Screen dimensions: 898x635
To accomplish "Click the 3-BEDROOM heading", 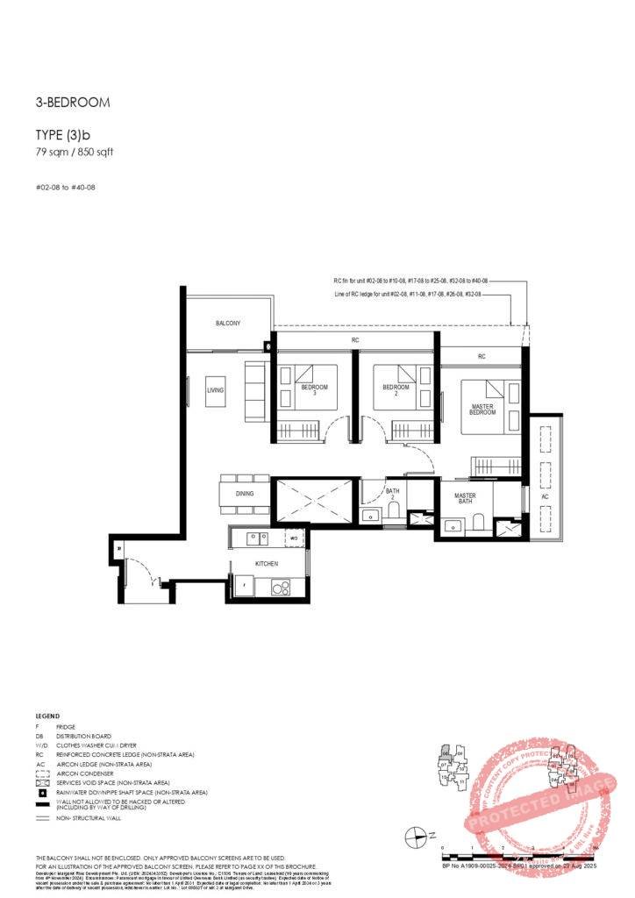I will [x=73, y=103].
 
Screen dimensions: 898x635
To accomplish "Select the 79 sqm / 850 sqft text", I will [x=75, y=152].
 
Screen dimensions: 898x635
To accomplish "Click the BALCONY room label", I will [x=228, y=324].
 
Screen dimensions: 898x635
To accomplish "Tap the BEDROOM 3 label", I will [x=314, y=390].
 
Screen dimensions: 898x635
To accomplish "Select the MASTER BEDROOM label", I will [x=482, y=409].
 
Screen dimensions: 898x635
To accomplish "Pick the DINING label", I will [x=245, y=494].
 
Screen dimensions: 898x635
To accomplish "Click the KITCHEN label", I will [x=267, y=563].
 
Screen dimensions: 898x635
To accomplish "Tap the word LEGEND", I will [x=47, y=716].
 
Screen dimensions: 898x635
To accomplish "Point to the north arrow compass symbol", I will [x=417, y=837].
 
